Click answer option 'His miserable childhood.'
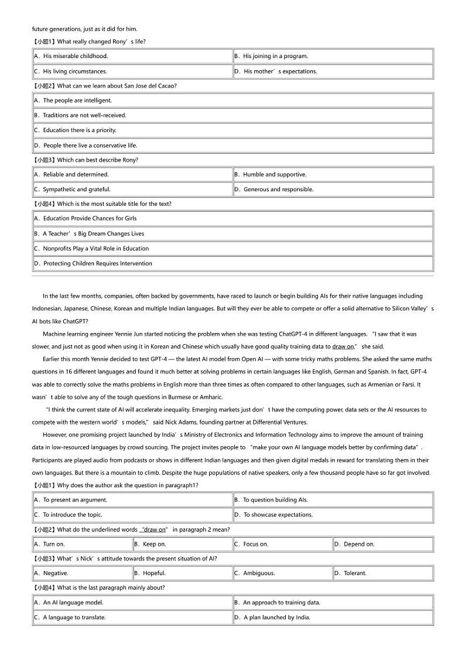76,56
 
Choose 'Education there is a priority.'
80,130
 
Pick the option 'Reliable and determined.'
76,174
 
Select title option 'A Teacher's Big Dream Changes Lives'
94,233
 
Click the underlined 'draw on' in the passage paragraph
343,347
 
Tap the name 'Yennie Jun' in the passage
134,334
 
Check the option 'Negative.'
56,573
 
